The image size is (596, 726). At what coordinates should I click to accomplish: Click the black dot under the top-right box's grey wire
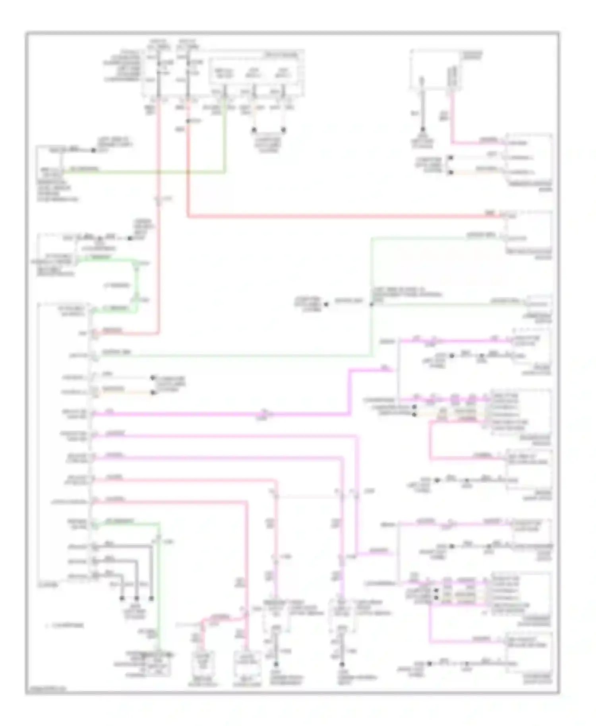point(422,129)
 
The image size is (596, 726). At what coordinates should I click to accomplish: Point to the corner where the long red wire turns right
point(188,216)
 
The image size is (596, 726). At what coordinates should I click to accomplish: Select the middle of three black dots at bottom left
point(136,598)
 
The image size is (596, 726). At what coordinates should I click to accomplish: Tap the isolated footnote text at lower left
point(66,625)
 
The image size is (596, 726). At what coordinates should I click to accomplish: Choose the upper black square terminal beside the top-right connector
point(451,158)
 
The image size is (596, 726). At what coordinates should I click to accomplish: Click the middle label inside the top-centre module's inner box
point(253,73)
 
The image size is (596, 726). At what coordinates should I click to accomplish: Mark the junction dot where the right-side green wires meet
point(372,305)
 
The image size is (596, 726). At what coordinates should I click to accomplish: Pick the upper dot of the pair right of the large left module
point(153,378)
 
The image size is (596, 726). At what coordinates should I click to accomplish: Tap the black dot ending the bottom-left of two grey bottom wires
point(276,664)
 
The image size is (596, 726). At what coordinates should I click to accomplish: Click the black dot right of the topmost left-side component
point(93,150)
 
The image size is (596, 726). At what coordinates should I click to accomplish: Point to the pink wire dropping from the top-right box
point(452,119)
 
